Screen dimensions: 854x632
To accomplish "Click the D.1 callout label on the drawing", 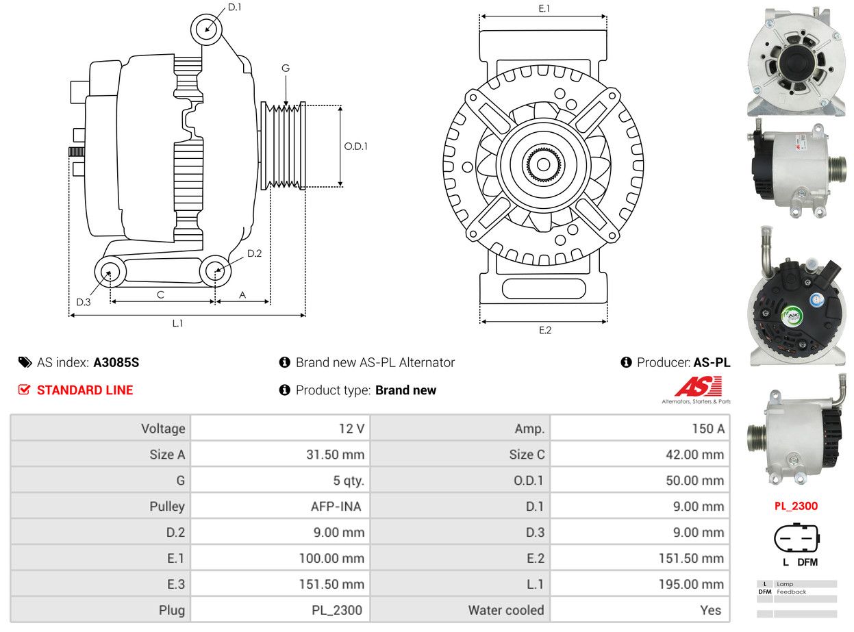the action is pos(234,7).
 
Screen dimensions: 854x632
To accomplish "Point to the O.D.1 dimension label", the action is pos(355,147).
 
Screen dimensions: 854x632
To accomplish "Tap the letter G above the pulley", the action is pos(286,68).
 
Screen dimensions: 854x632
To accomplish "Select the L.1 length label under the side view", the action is pos(177,323).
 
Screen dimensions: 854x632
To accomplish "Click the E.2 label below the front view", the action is pos(544,329).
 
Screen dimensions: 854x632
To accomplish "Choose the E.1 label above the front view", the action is pos(544,8).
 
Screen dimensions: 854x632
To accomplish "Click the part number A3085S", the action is pos(116,362).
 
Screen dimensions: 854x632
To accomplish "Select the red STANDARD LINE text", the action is pos(85,390).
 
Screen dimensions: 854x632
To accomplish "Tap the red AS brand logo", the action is pos(698,386).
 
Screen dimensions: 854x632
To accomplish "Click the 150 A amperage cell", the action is pos(708,428).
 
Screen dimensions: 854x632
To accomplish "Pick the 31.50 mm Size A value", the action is pos(335,455).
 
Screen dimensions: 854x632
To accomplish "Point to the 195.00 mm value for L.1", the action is pos(691,584).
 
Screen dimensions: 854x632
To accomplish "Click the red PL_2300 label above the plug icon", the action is pos(796,506).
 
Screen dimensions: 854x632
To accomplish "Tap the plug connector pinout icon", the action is pos(796,538).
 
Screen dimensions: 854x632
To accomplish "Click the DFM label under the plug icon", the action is pos(807,562).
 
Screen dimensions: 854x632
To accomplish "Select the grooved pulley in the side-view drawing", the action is pos(283,146).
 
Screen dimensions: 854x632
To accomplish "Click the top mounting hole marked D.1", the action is pos(206,29).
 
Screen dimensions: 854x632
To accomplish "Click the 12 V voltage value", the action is pos(351,428).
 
